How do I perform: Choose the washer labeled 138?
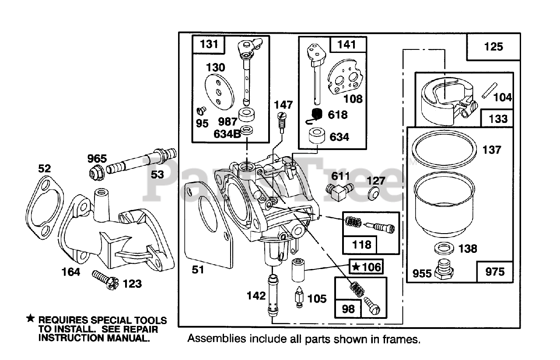tap(444, 248)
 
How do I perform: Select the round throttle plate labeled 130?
tap(219, 92)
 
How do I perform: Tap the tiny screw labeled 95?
tap(201, 110)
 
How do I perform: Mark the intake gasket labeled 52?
tap(45, 207)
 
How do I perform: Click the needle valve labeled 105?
tap(299, 297)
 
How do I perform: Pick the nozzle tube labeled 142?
tap(273, 296)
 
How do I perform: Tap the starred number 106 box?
tap(366, 266)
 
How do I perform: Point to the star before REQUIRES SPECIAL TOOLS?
tap(31, 318)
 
